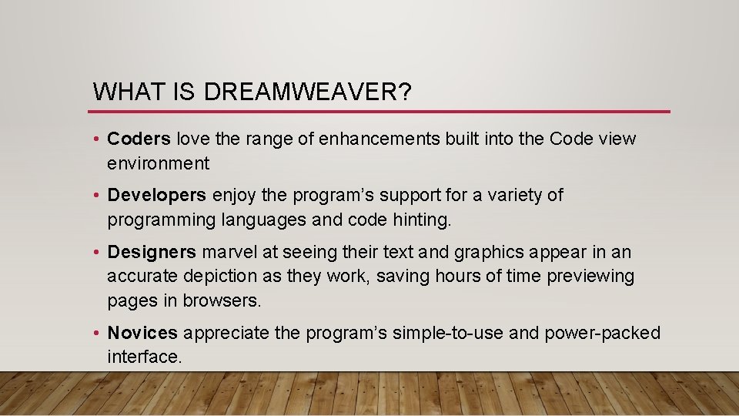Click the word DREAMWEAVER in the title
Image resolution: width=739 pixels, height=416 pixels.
pyautogui.click(x=308, y=92)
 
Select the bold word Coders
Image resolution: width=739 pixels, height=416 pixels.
pyautogui.click(x=139, y=139)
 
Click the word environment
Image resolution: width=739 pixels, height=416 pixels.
pyautogui.click(x=158, y=163)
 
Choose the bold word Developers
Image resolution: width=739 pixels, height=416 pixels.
pyautogui.click(x=157, y=196)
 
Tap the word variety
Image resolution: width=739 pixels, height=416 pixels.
pyautogui.click(x=515, y=196)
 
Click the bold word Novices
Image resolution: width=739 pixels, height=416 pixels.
pyautogui.click(x=142, y=333)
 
